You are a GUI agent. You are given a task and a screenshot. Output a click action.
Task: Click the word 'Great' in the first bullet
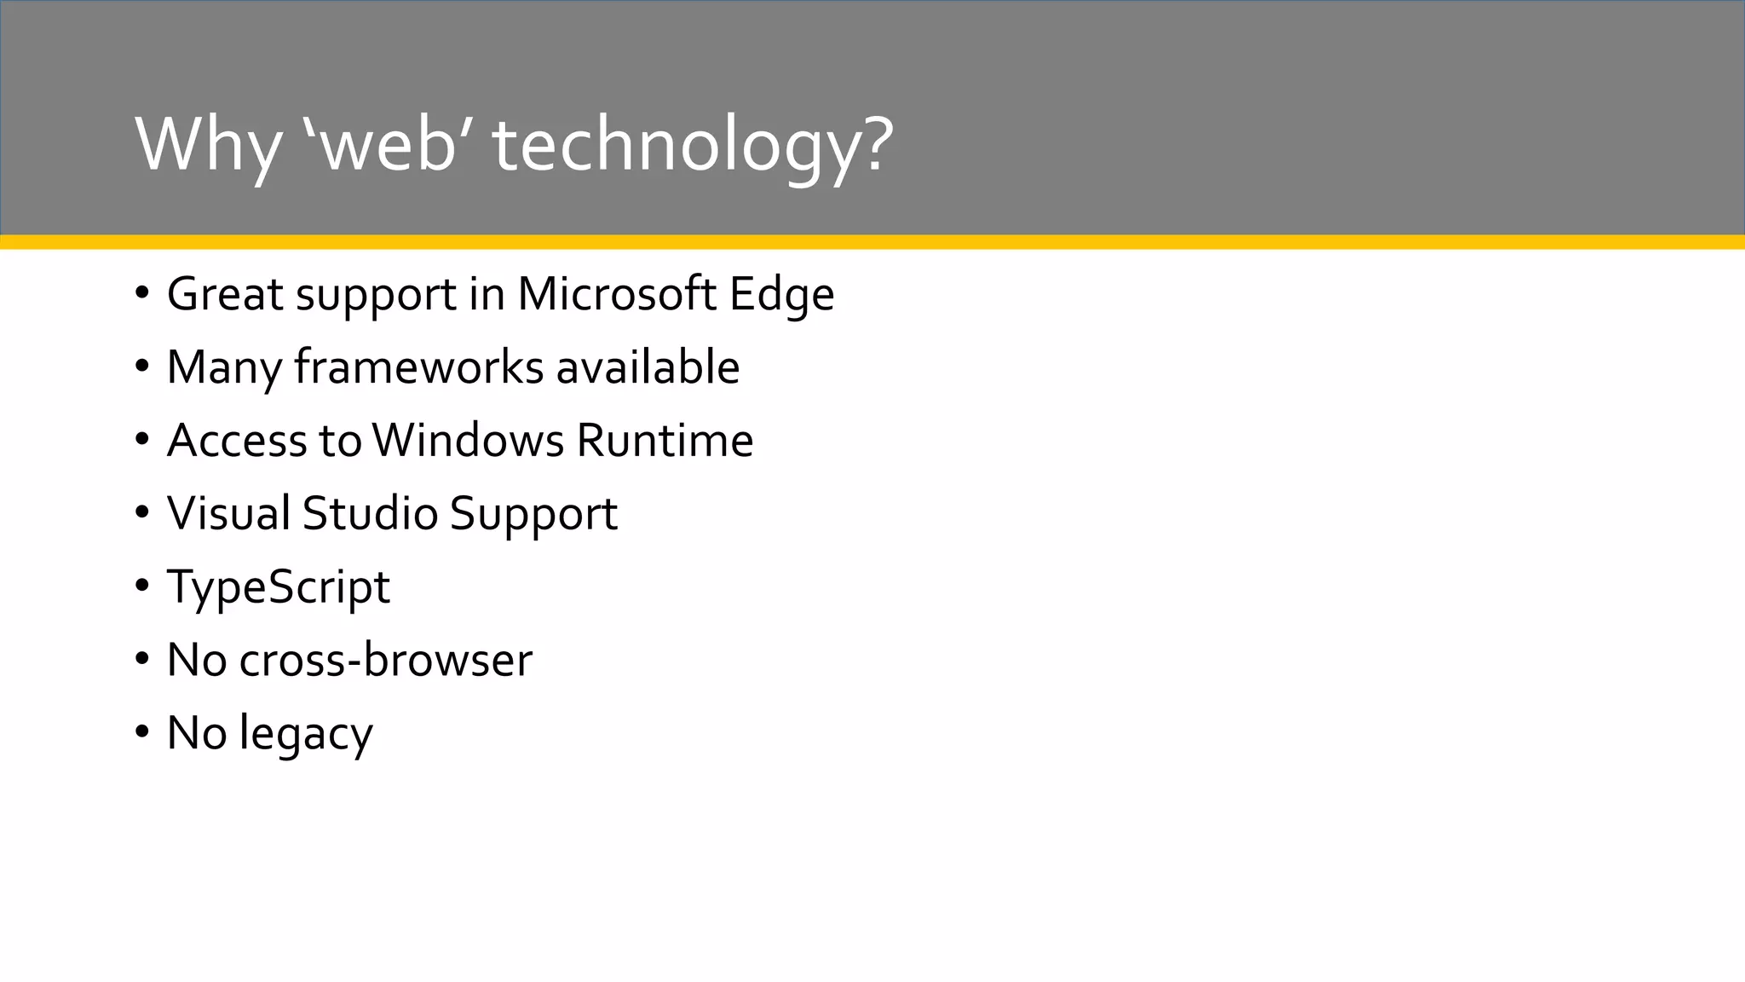point(225,294)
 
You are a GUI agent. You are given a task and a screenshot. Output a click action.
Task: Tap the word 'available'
point(648,367)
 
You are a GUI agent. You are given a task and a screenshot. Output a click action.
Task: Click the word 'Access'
point(237,441)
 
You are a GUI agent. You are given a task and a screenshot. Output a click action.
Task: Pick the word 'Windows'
point(468,441)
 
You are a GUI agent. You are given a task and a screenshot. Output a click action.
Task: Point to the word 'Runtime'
point(665,441)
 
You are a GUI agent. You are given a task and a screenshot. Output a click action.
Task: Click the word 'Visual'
point(228,514)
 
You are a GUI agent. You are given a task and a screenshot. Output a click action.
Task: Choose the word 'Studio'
point(370,514)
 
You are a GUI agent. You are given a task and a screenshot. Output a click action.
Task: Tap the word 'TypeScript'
point(279,587)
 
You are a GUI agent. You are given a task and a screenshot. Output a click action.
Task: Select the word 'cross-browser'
point(385,661)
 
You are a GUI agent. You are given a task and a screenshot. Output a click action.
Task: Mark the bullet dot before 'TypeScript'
point(141,587)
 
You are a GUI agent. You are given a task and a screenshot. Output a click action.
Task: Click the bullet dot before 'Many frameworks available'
point(141,367)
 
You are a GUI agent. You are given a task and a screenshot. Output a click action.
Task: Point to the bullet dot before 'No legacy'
point(141,733)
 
